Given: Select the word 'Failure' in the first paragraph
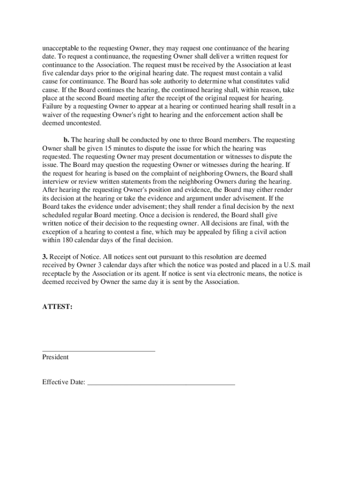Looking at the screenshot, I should point(53,106).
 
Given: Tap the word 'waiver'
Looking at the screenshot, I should point(52,115).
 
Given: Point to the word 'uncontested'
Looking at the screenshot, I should point(84,123).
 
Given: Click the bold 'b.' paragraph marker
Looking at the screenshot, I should point(66,140).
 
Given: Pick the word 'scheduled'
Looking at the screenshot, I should point(57,214).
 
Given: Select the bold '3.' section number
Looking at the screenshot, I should point(45,257).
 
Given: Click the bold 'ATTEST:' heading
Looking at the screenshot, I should point(58,307).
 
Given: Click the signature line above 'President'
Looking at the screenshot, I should point(99,350).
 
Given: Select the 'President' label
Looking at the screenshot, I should point(56,357).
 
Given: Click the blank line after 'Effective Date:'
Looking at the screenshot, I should point(161,384).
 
